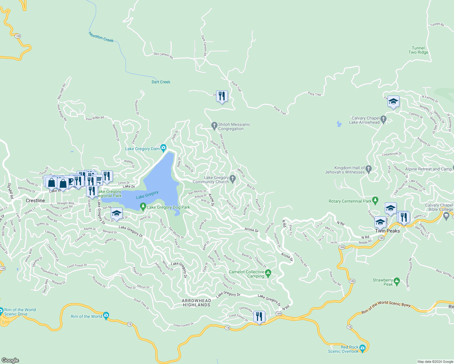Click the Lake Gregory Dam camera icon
pyautogui.click(x=164, y=148)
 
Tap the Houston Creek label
pyautogui.click(x=101, y=37)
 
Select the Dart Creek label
pyautogui.click(x=161, y=82)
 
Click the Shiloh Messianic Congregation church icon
pyautogui.click(x=214, y=125)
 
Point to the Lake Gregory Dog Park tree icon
pyautogui.click(x=143, y=207)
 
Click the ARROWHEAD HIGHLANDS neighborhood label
pyautogui.click(x=196, y=303)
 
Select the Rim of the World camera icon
pyautogui.click(x=106, y=316)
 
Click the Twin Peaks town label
pyautogui.click(x=387, y=231)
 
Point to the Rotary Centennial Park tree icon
pyautogui.click(x=375, y=201)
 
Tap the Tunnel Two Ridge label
pyautogui.click(x=418, y=50)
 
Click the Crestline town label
pyautogui.click(x=35, y=201)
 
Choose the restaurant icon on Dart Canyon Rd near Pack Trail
pyautogui.click(x=222, y=96)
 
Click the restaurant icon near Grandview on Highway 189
pyautogui.click(x=259, y=316)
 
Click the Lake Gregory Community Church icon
pyautogui.click(x=232, y=179)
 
